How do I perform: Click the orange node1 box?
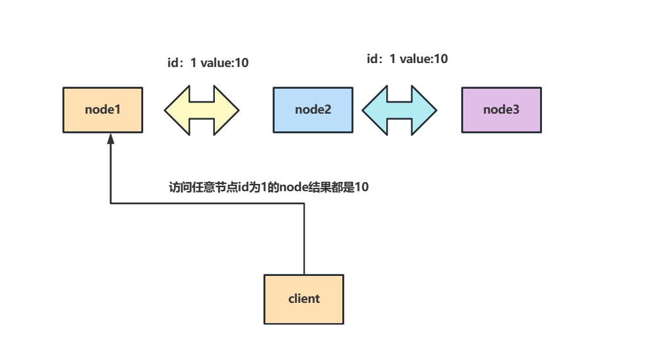pyautogui.click(x=102, y=110)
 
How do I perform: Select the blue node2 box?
pyautogui.click(x=313, y=110)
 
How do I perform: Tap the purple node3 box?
pyautogui.click(x=501, y=110)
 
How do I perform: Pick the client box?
pyautogui.click(x=304, y=299)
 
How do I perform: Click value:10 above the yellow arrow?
pyautogui.click(x=225, y=64)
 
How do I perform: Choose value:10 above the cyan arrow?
pyautogui.click(x=424, y=59)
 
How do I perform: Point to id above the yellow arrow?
pyautogui.click(x=174, y=64)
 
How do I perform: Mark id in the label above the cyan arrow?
pyautogui.click(x=373, y=59)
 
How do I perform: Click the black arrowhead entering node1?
pyautogui.click(x=110, y=139)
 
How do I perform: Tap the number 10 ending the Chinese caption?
pyautogui.click(x=361, y=187)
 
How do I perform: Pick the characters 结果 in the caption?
pyautogui.click(x=321, y=187)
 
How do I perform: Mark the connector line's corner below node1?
pyautogui.click(x=110, y=204)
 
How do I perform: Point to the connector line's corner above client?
pyautogui.click(x=304, y=204)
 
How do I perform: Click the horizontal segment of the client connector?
pyautogui.click(x=207, y=204)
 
